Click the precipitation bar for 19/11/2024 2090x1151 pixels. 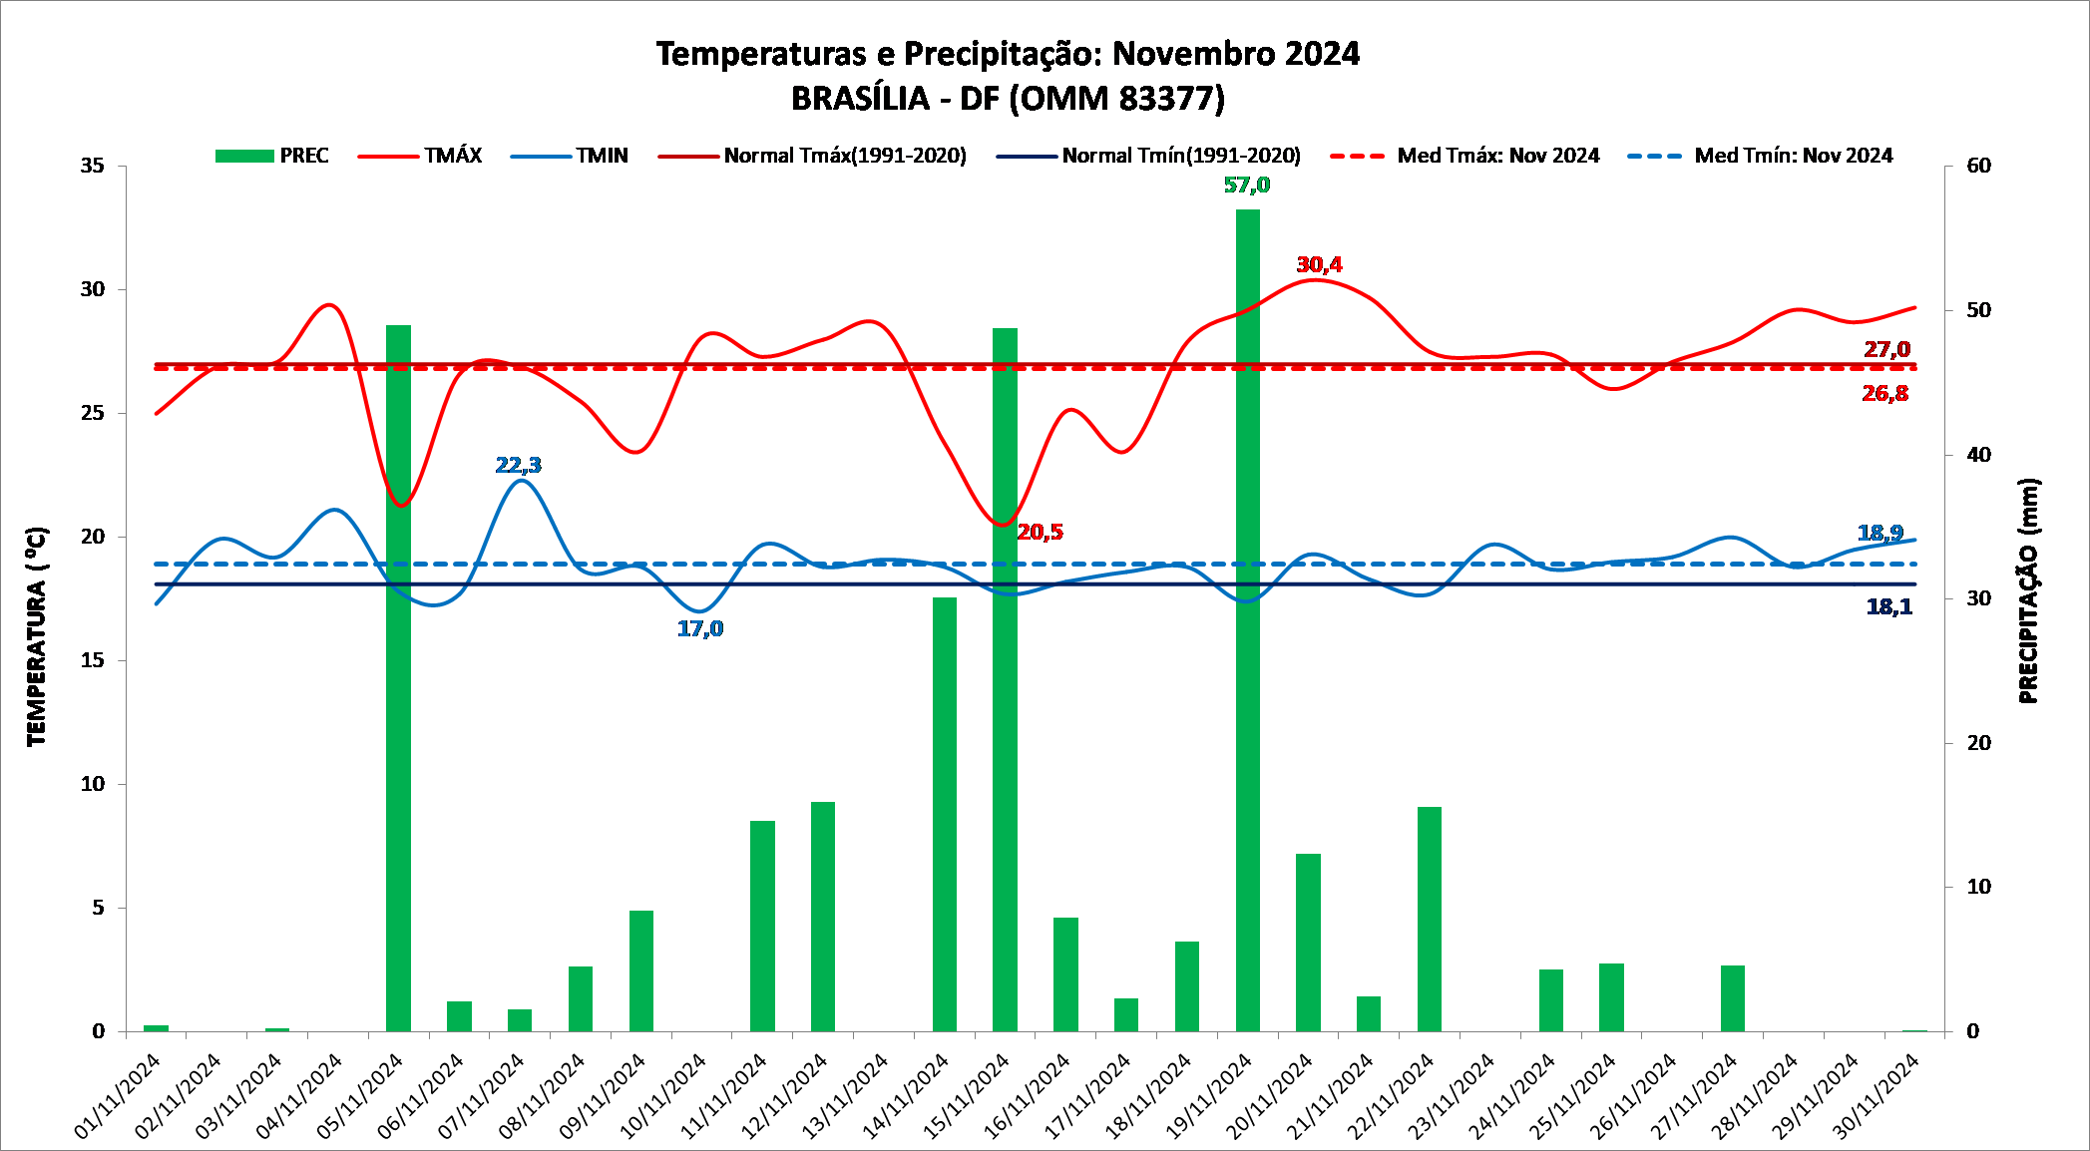click(x=1247, y=618)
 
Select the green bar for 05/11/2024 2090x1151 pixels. click(x=398, y=678)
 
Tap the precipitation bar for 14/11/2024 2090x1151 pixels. click(x=944, y=813)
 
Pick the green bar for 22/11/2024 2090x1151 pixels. click(x=1429, y=918)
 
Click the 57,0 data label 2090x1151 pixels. click(x=1247, y=186)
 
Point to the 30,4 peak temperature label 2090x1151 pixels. click(x=1319, y=265)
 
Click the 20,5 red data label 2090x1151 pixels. click(x=1040, y=533)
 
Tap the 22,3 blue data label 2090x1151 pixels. click(x=518, y=466)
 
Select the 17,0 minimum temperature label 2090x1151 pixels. click(x=700, y=629)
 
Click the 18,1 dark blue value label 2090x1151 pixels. click(x=1888, y=607)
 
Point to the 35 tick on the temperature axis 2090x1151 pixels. click(x=93, y=166)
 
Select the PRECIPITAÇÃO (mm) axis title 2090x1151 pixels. click(x=2028, y=590)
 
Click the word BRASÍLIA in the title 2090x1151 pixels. click(x=860, y=99)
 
